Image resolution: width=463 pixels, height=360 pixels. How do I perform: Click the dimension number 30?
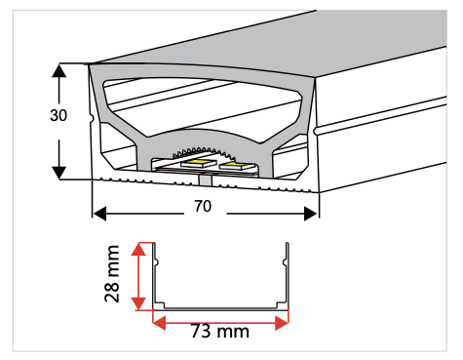(x=59, y=114)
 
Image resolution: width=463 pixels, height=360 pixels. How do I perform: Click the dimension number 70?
(x=204, y=207)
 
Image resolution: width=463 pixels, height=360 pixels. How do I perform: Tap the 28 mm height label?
(x=114, y=274)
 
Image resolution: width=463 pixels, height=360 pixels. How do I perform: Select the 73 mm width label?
(x=220, y=332)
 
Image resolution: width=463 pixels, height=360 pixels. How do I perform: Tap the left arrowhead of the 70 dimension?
(x=97, y=213)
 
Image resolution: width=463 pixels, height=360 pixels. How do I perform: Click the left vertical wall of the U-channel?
(x=153, y=273)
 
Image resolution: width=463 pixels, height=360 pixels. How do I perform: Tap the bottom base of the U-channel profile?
(x=220, y=307)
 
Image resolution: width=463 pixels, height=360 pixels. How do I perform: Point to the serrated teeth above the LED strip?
(x=205, y=149)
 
